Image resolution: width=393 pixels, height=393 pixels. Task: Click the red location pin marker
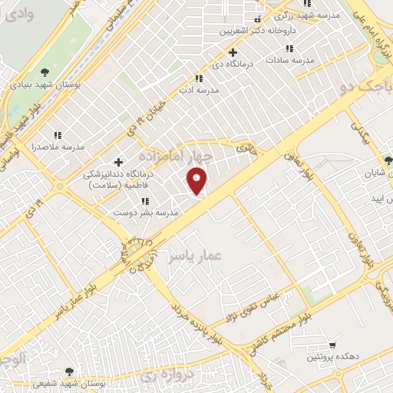click(x=198, y=181)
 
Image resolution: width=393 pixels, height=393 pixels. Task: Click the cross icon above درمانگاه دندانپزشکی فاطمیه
click(x=118, y=162)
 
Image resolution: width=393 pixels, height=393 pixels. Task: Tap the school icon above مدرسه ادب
click(x=200, y=78)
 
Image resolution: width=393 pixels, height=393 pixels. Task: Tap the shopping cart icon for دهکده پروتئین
click(x=332, y=345)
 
